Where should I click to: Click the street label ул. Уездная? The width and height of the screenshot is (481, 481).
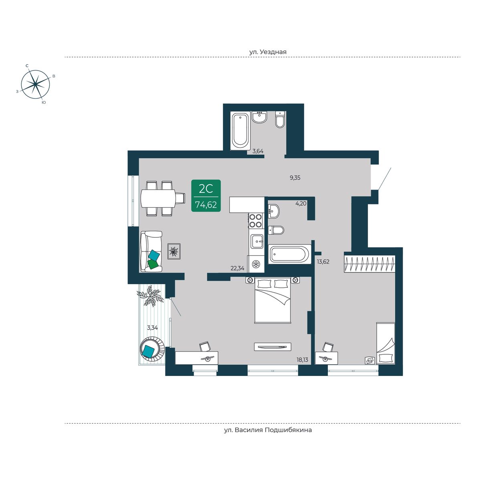point(268,52)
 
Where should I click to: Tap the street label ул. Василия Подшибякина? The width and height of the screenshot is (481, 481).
point(268,430)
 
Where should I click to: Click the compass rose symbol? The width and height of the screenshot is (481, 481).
point(36,84)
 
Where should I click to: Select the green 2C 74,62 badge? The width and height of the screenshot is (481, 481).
point(206,196)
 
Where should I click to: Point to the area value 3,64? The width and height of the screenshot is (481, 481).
point(258,151)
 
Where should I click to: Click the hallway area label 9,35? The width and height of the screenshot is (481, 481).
point(295,178)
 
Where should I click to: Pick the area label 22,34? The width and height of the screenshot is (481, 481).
point(237,268)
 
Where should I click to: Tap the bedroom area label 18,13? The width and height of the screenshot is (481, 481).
point(302,360)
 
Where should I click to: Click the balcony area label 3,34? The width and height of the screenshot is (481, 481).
point(152,328)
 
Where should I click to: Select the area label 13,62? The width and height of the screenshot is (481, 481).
point(323,262)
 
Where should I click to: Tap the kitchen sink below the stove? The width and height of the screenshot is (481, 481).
point(257,241)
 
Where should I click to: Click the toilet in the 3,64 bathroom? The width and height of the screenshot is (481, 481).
point(280,119)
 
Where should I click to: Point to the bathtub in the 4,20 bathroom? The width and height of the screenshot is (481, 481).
point(290,254)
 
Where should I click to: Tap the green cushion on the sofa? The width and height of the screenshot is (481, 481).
point(153,264)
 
